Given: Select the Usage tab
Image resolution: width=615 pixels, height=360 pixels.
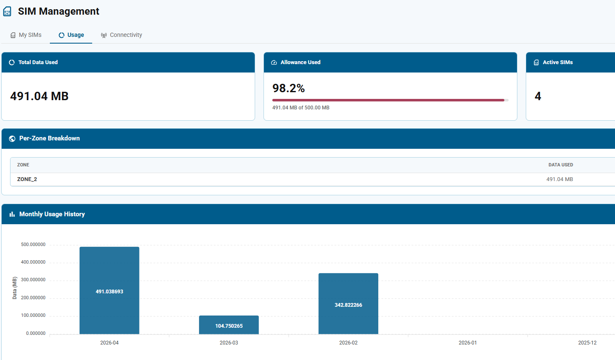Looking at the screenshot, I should [x=71, y=35].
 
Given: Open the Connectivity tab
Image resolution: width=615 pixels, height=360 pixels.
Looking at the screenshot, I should [x=121, y=35].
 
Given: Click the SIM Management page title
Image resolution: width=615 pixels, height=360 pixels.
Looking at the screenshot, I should [x=58, y=11].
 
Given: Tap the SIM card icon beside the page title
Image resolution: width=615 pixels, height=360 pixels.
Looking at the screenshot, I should [x=7, y=11].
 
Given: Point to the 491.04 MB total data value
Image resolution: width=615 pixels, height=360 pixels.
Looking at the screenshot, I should [x=39, y=96].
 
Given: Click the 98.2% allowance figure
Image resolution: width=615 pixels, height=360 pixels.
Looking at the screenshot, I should [x=289, y=88].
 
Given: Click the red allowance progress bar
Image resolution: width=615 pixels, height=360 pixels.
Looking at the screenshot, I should [x=388, y=100].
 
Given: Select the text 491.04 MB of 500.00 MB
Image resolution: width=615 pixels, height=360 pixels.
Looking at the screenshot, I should [x=301, y=108].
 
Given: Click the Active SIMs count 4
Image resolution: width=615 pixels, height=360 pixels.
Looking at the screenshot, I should [x=538, y=96].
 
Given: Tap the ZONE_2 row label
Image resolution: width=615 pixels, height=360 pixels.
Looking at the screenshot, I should [x=27, y=179].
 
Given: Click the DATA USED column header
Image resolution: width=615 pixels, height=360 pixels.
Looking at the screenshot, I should [x=561, y=165].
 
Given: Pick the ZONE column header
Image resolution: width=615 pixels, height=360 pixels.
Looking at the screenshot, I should [x=23, y=165].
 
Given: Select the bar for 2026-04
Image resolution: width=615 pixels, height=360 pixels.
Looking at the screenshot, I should [x=109, y=290].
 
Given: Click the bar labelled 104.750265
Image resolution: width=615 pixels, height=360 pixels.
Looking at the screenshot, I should [x=229, y=325].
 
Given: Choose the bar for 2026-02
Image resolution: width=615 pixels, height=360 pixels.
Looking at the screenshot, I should [x=348, y=304].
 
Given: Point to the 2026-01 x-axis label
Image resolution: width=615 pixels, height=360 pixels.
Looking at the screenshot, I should [x=468, y=343].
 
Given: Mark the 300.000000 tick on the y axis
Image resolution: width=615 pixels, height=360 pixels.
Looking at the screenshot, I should [x=33, y=280].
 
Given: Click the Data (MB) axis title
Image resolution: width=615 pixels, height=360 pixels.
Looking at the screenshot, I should [x=15, y=288].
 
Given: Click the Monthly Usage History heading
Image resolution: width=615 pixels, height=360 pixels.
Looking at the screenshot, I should [x=52, y=214].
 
